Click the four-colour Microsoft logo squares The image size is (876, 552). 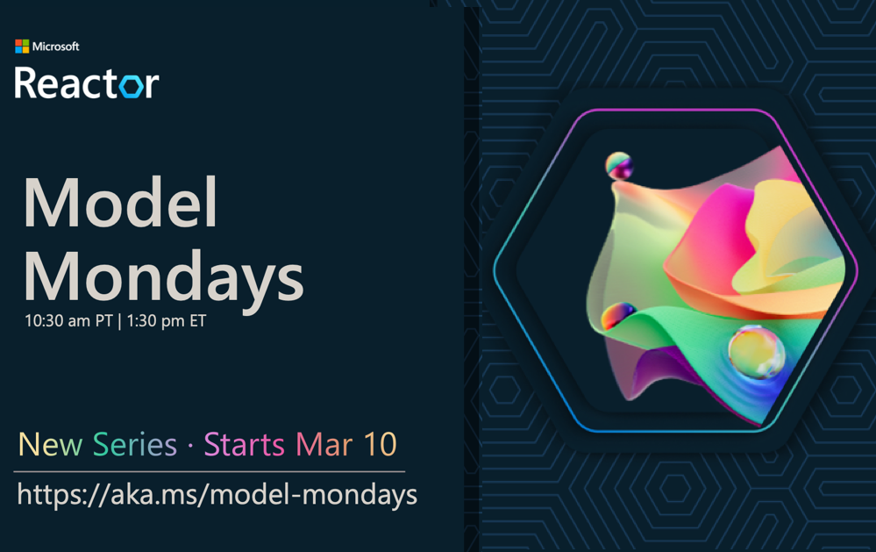tap(22, 47)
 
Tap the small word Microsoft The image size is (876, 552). tap(56, 47)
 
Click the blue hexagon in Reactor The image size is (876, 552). tap(132, 85)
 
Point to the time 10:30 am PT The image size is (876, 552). tap(68, 320)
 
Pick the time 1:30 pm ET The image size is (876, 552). tap(167, 320)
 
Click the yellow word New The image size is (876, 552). tap(50, 445)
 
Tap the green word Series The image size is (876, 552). tap(135, 445)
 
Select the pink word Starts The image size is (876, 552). tap(244, 445)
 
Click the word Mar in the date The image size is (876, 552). tap(324, 445)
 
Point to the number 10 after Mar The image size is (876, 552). tap(380, 445)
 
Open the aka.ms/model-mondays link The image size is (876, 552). tap(217, 495)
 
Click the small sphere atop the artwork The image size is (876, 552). tap(619, 166)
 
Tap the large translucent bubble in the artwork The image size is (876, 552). tap(757, 352)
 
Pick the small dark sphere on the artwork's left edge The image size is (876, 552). tap(618, 315)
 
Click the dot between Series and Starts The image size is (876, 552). tap(190, 446)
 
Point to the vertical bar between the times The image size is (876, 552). tap(119, 321)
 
